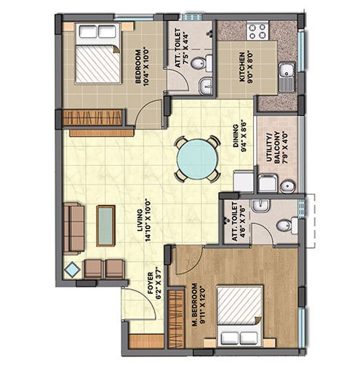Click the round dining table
click(x=196, y=159)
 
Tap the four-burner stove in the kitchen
click(x=257, y=31)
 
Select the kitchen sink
click(x=287, y=77)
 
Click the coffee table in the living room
click(x=105, y=226)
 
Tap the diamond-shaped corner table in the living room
click(x=72, y=270)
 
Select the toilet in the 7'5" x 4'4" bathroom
click(x=202, y=63)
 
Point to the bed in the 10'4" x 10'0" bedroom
click(x=98, y=53)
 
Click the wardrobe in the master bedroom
click(x=176, y=319)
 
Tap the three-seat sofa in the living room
click(x=74, y=229)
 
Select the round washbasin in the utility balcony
click(x=287, y=186)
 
